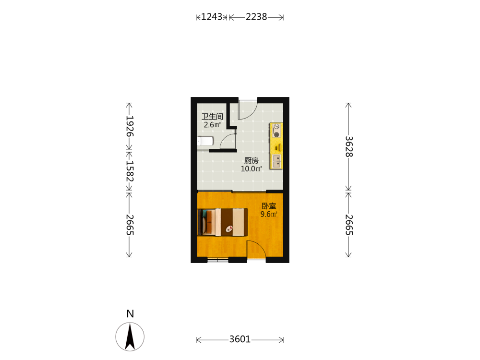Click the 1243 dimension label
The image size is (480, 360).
212,16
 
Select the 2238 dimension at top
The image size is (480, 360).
256,16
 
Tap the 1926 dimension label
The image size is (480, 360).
130,126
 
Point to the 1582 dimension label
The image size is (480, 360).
130,171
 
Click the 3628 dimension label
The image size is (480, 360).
349,146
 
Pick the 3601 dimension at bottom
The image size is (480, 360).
240,339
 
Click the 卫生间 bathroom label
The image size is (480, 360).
212,116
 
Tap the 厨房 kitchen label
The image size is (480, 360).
252,160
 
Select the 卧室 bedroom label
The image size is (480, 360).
269,206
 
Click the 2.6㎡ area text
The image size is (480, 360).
212,125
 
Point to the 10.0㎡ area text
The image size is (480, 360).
252,168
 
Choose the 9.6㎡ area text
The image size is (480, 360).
269,214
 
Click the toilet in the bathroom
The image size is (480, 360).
205,141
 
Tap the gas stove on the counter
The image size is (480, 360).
276,131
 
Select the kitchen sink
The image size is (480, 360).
277,161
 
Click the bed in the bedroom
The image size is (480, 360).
223,222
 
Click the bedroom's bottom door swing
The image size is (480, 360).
256,250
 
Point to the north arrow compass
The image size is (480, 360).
130,336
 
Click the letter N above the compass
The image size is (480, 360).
130,314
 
